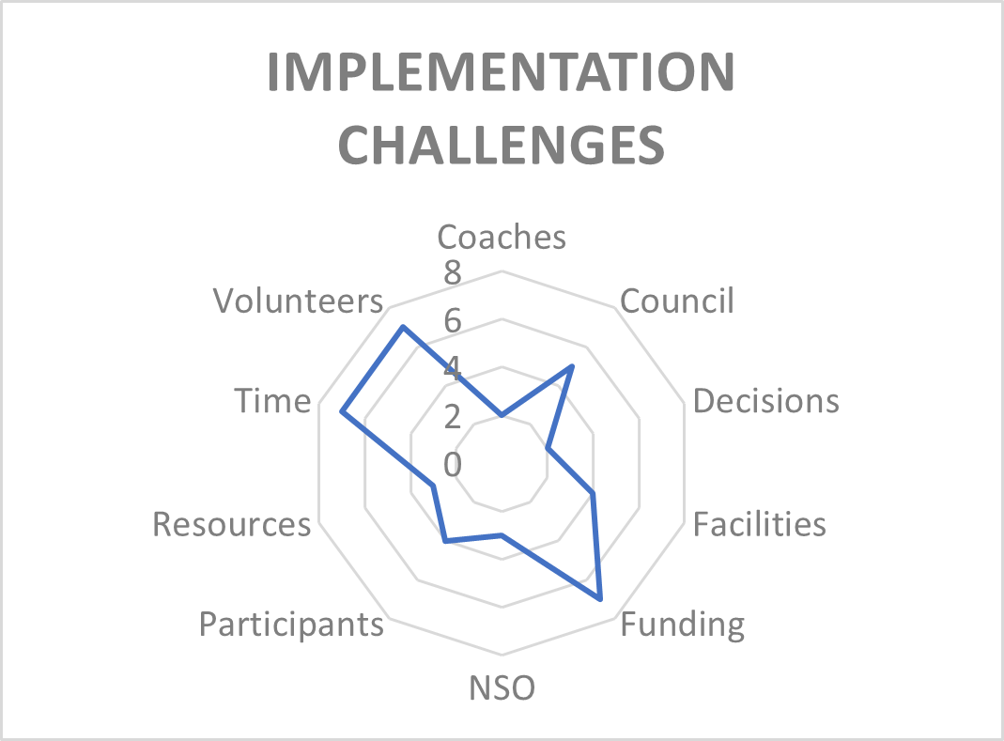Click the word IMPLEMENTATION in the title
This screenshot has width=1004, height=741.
[501, 71]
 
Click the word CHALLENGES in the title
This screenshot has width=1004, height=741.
[502, 145]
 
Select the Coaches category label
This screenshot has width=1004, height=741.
[502, 237]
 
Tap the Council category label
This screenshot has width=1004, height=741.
[677, 301]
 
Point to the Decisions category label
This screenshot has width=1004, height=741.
[765, 401]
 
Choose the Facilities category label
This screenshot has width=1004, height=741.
[760, 524]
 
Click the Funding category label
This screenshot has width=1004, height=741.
[683, 625]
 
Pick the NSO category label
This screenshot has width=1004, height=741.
[502, 688]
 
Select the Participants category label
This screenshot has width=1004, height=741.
[291, 625]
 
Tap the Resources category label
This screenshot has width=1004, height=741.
[232, 525]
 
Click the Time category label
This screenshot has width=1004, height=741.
[272, 402]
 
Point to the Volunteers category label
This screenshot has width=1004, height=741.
[299, 301]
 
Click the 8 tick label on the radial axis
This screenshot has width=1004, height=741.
[453, 273]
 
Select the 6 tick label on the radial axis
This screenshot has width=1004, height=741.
[453, 321]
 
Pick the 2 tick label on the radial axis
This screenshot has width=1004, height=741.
[453, 417]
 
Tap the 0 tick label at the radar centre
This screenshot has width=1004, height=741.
[453, 464]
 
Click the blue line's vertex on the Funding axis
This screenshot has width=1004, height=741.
[599, 599]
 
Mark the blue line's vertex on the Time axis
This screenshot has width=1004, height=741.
[342, 412]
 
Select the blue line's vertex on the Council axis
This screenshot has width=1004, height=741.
[572, 367]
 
